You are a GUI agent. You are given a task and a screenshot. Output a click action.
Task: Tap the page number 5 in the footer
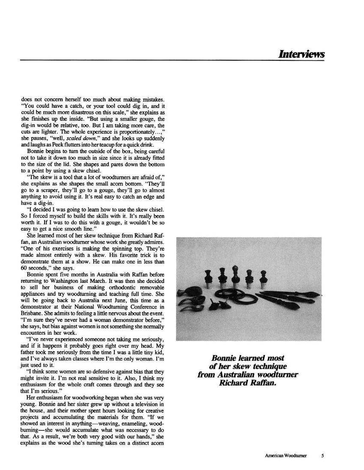click(322, 455)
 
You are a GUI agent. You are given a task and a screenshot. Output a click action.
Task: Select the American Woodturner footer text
click(286, 455)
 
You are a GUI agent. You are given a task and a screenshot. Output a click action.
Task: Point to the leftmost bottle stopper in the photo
click(208, 279)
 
